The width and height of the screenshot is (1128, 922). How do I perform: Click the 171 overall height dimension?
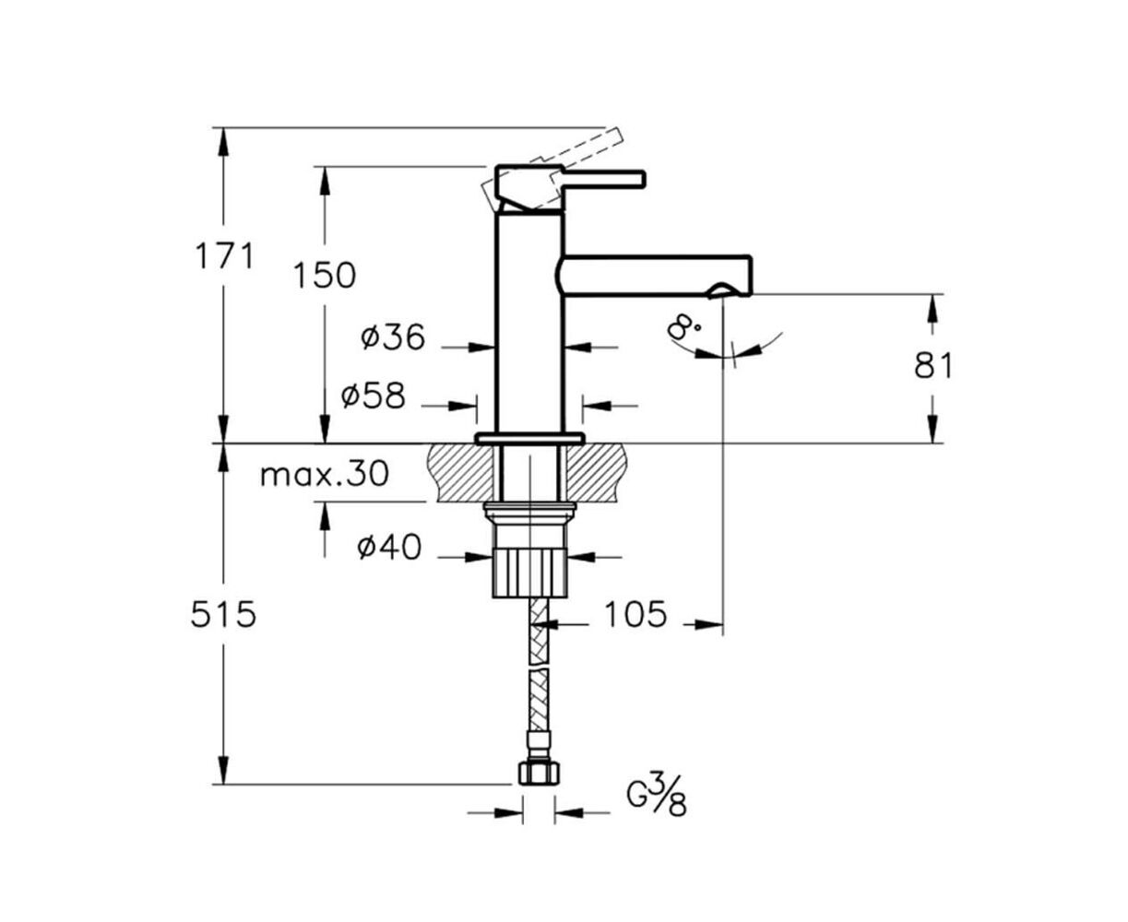[223, 255]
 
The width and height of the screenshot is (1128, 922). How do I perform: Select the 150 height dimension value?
[325, 276]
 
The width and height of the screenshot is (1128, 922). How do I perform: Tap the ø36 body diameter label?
[393, 337]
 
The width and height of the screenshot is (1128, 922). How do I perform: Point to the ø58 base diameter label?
[374, 396]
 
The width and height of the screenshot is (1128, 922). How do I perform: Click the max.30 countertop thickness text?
[325, 475]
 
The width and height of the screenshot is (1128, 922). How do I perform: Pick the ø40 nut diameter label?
[389, 548]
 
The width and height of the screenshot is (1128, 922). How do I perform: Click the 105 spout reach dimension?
[635, 614]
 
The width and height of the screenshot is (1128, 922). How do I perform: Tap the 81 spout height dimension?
[933, 366]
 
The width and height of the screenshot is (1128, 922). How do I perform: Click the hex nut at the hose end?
[538, 773]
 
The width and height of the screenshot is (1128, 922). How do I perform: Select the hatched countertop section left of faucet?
[460, 473]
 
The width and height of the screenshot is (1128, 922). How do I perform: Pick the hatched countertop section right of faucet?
[597, 473]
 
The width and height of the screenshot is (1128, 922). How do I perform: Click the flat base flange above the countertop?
[529, 439]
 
